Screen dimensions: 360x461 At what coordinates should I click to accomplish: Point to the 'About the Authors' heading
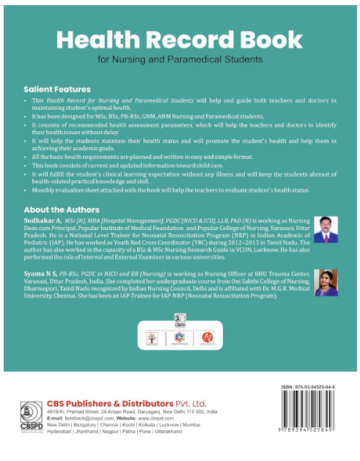(x=62, y=210)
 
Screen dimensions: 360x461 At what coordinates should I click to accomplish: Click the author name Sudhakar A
(x=42, y=220)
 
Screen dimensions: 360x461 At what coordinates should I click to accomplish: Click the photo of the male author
(x=324, y=229)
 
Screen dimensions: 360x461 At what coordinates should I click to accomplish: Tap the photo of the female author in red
(x=324, y=281)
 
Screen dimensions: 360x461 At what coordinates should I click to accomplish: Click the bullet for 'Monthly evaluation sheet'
(x=26, y=191)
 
